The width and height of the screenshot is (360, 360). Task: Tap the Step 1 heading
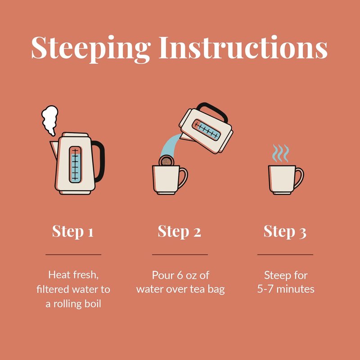click(73, 231)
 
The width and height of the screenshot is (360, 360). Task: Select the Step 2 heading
click(180, 231)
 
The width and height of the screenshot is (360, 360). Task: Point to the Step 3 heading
click(285, 231)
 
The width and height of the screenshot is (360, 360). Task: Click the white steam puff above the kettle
click(49, 120)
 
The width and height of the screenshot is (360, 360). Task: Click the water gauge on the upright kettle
click(75, 165)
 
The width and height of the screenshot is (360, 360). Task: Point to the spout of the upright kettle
click(54, 149)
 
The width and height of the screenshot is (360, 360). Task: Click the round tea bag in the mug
click(166, 161)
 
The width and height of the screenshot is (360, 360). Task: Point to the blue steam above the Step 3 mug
click(280, 153)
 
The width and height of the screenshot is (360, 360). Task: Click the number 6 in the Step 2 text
click(180, 275)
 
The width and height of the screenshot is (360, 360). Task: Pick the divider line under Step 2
click(180, 255)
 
